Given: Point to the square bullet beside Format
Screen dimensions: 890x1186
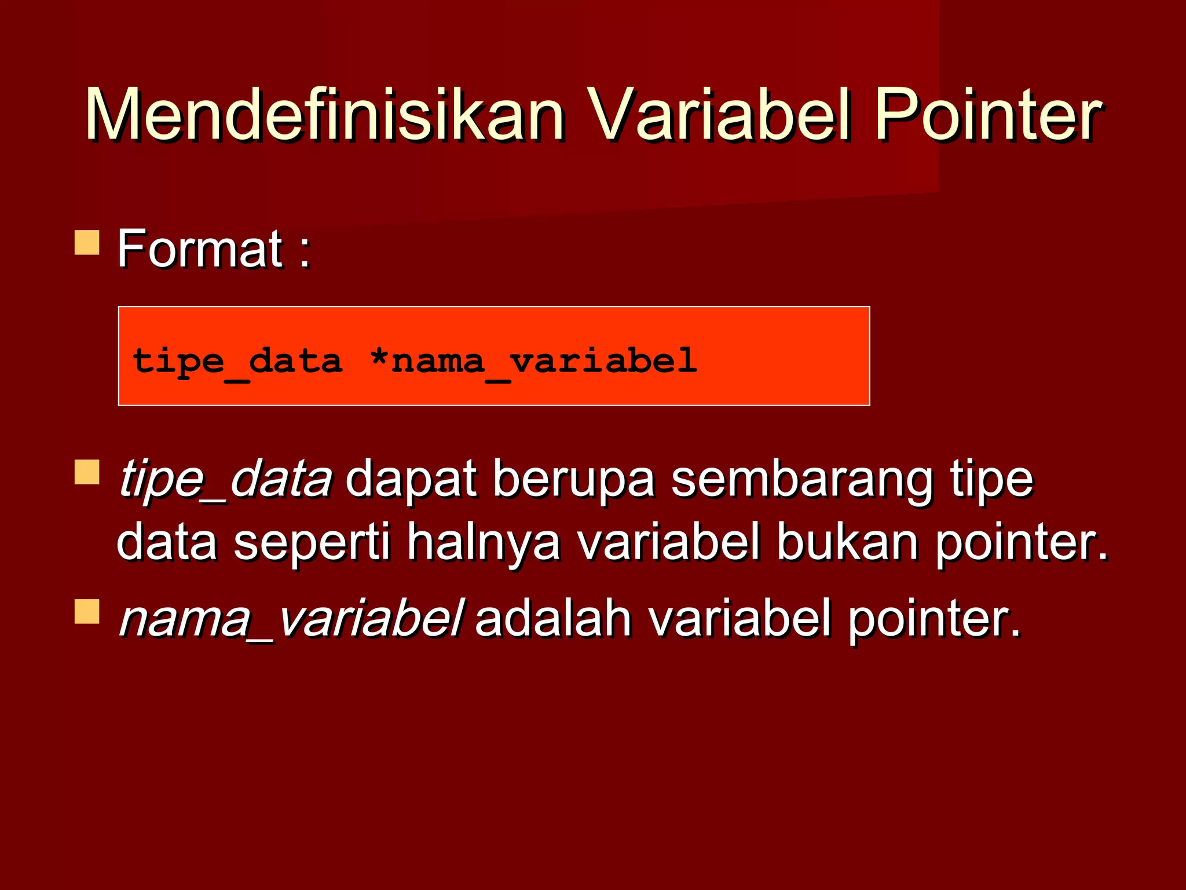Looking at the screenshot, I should (x=87, y=243).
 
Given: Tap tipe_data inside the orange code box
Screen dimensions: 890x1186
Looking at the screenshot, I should (x=237, y=361).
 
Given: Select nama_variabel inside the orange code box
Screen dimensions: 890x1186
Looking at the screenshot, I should (x=544, y=361).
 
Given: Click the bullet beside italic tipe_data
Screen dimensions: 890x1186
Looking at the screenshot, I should (x=87, y=472).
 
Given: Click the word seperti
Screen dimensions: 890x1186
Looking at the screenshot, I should (x=313, y=542).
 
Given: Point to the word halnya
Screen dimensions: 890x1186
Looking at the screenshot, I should (x=484, y=542).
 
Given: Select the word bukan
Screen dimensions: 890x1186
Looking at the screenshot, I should (x=847, y=541).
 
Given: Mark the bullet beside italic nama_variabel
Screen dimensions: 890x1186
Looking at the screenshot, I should (x=87, y=611).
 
